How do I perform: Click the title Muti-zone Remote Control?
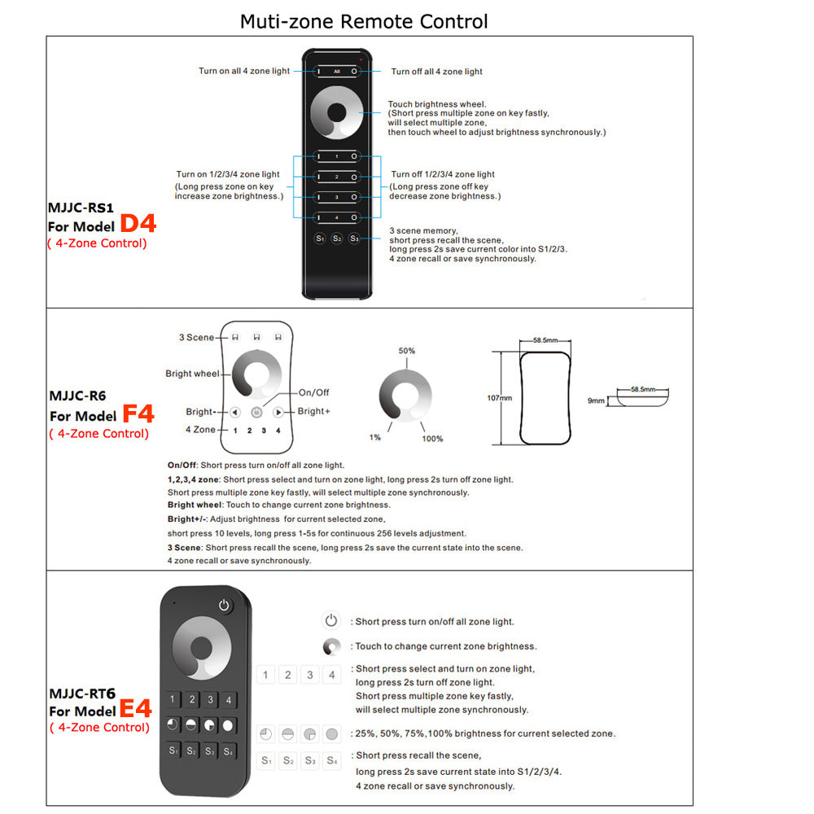pyautogui.click(x=364, y=20)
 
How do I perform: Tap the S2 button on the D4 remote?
pyautogui.click(x=337, y=239)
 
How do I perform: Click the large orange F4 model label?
pyautogui.click(x=138, y=414)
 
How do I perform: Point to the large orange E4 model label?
pyautogui.click(x=135, y=708)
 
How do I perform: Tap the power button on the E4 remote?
pyautogui.click(x=225, y=605)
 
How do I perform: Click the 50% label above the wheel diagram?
pyautogui.click(x=406, y=351)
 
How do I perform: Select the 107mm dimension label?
pyautogui.click(x=499, y=398)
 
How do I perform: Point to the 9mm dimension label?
pyautogui.click(x=597, y=400)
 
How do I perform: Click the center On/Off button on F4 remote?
pyautogui.click(x=256, y=412)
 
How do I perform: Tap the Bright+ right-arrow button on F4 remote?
pyautogui.click(x=278, y=412)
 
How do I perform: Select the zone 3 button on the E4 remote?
pyautogui.click(x=211, y=699)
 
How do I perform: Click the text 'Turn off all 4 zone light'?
pyautogui.click(x=436, y=72)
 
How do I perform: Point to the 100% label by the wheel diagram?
pyautogui.click(x=432, y=439)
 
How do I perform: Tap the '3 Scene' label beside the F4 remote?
pyautogui.click(x=196, y=337)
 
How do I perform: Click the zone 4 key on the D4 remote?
pyautogui.click(x=337, y=217)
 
